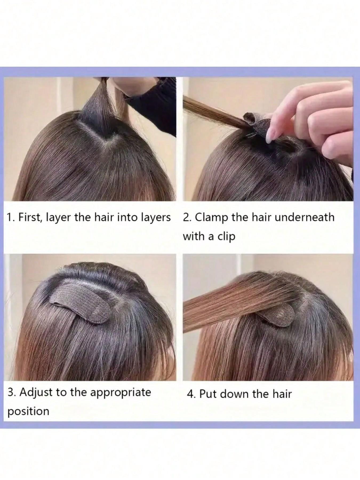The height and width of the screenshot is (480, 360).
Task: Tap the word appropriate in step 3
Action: [x=121, y=393]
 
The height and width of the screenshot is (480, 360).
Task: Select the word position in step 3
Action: [x=28, y=411]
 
